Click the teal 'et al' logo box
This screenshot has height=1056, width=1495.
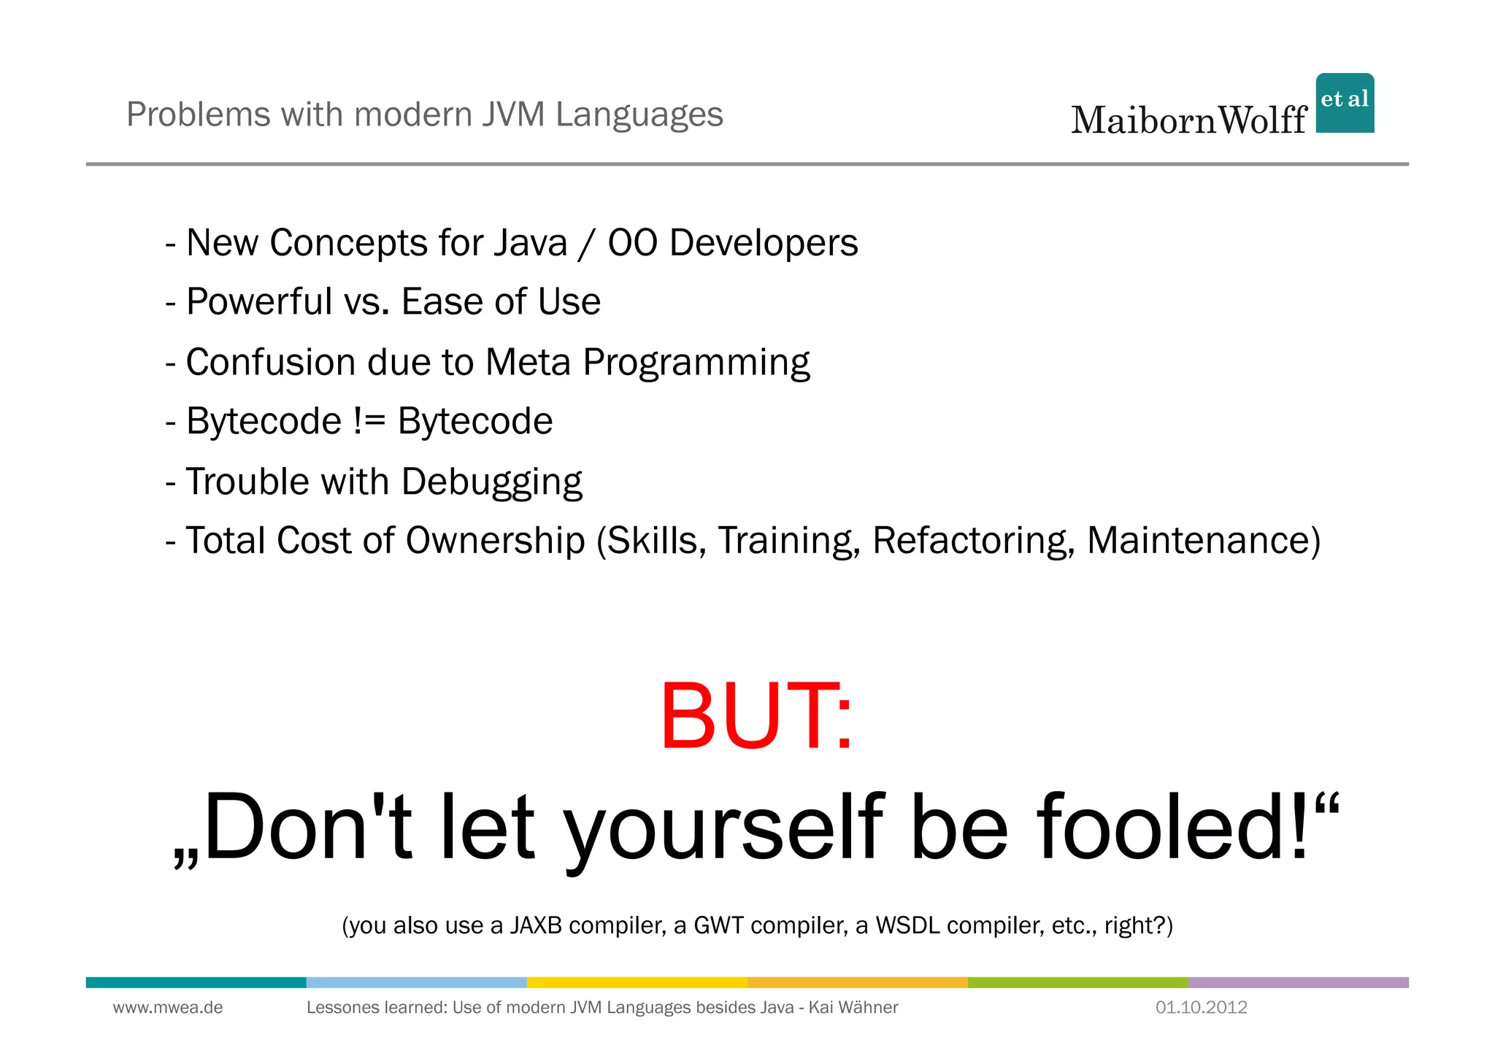1345,102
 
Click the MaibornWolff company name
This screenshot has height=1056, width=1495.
1188,120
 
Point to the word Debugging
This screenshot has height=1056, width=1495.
491,482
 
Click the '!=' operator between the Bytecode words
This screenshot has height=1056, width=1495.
369,422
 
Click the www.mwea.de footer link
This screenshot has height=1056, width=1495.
167,1008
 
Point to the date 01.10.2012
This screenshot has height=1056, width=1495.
1201,1008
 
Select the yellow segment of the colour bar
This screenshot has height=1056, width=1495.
637,982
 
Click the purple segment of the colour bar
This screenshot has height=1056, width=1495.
1298,982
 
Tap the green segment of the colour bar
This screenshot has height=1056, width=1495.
1077,982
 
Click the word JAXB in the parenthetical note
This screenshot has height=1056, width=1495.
536,925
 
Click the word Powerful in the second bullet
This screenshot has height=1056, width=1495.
258,302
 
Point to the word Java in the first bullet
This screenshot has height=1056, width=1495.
530,243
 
